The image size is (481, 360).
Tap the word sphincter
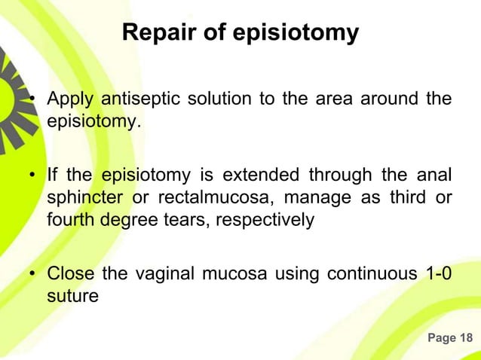click(x=81, y=198)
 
